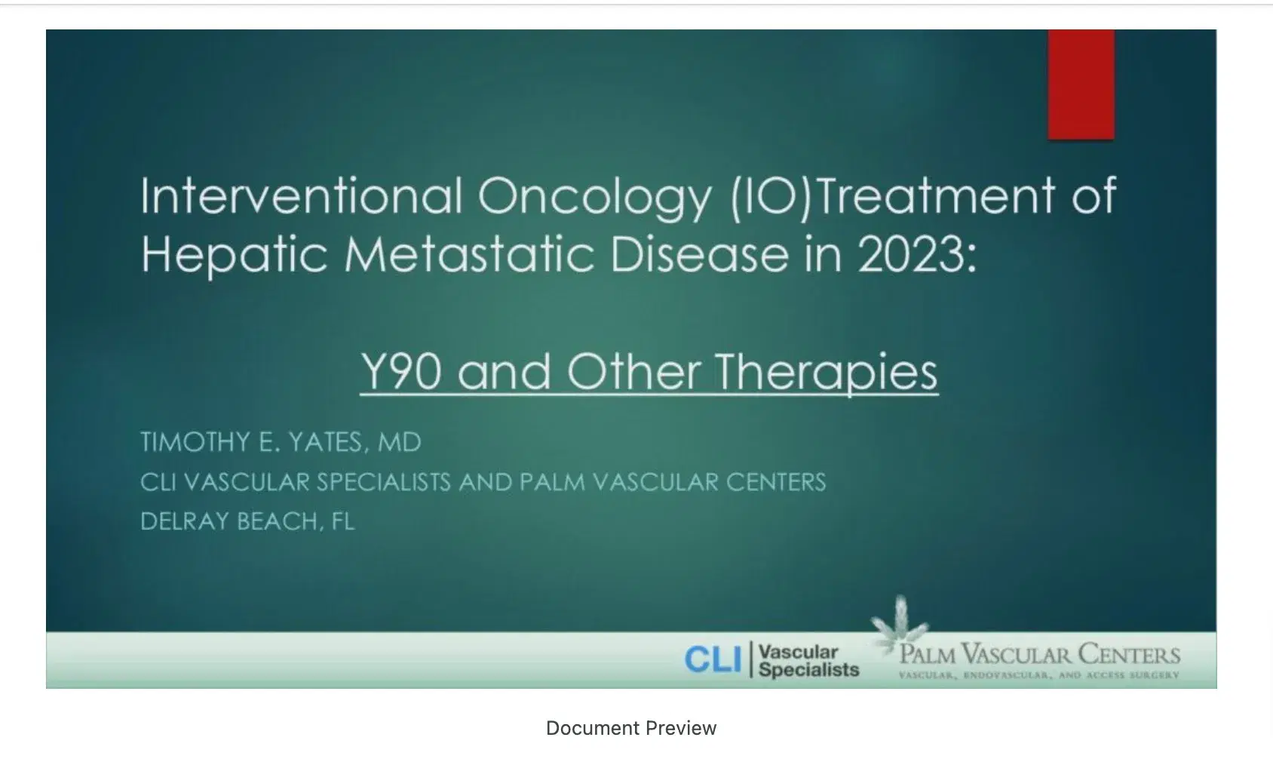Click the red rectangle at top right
[x=1081, y=84]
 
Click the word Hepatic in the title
[x=234, y=255]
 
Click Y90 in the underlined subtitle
[x=400, y=372]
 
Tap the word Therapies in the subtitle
[x=826, y=372]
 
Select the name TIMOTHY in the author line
[x=196, y=442]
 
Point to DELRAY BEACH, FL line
[x=247, y=521]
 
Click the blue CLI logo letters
[x=713, y=661]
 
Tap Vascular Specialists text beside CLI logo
[x=808, y=661]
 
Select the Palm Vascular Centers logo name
[x=1039, y=654]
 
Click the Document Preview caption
[x=631, y=728]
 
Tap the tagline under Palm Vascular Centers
[x=1038, y=675]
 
